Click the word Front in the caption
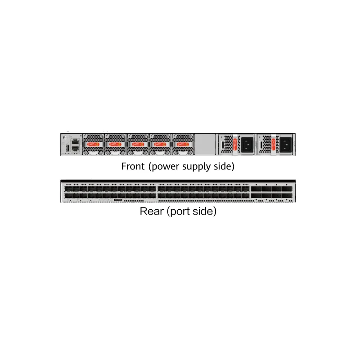tap(133, 166)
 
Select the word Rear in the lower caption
tap(152, 211)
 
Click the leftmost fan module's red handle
tap(93, 144)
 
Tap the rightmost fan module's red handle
tap(182, 144)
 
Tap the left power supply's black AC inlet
tap(246, 144)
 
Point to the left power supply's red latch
tap(235, 144)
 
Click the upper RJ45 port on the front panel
tap(75, 141)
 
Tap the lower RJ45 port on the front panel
tap(75, 148)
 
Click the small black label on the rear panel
tap(119, 200)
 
